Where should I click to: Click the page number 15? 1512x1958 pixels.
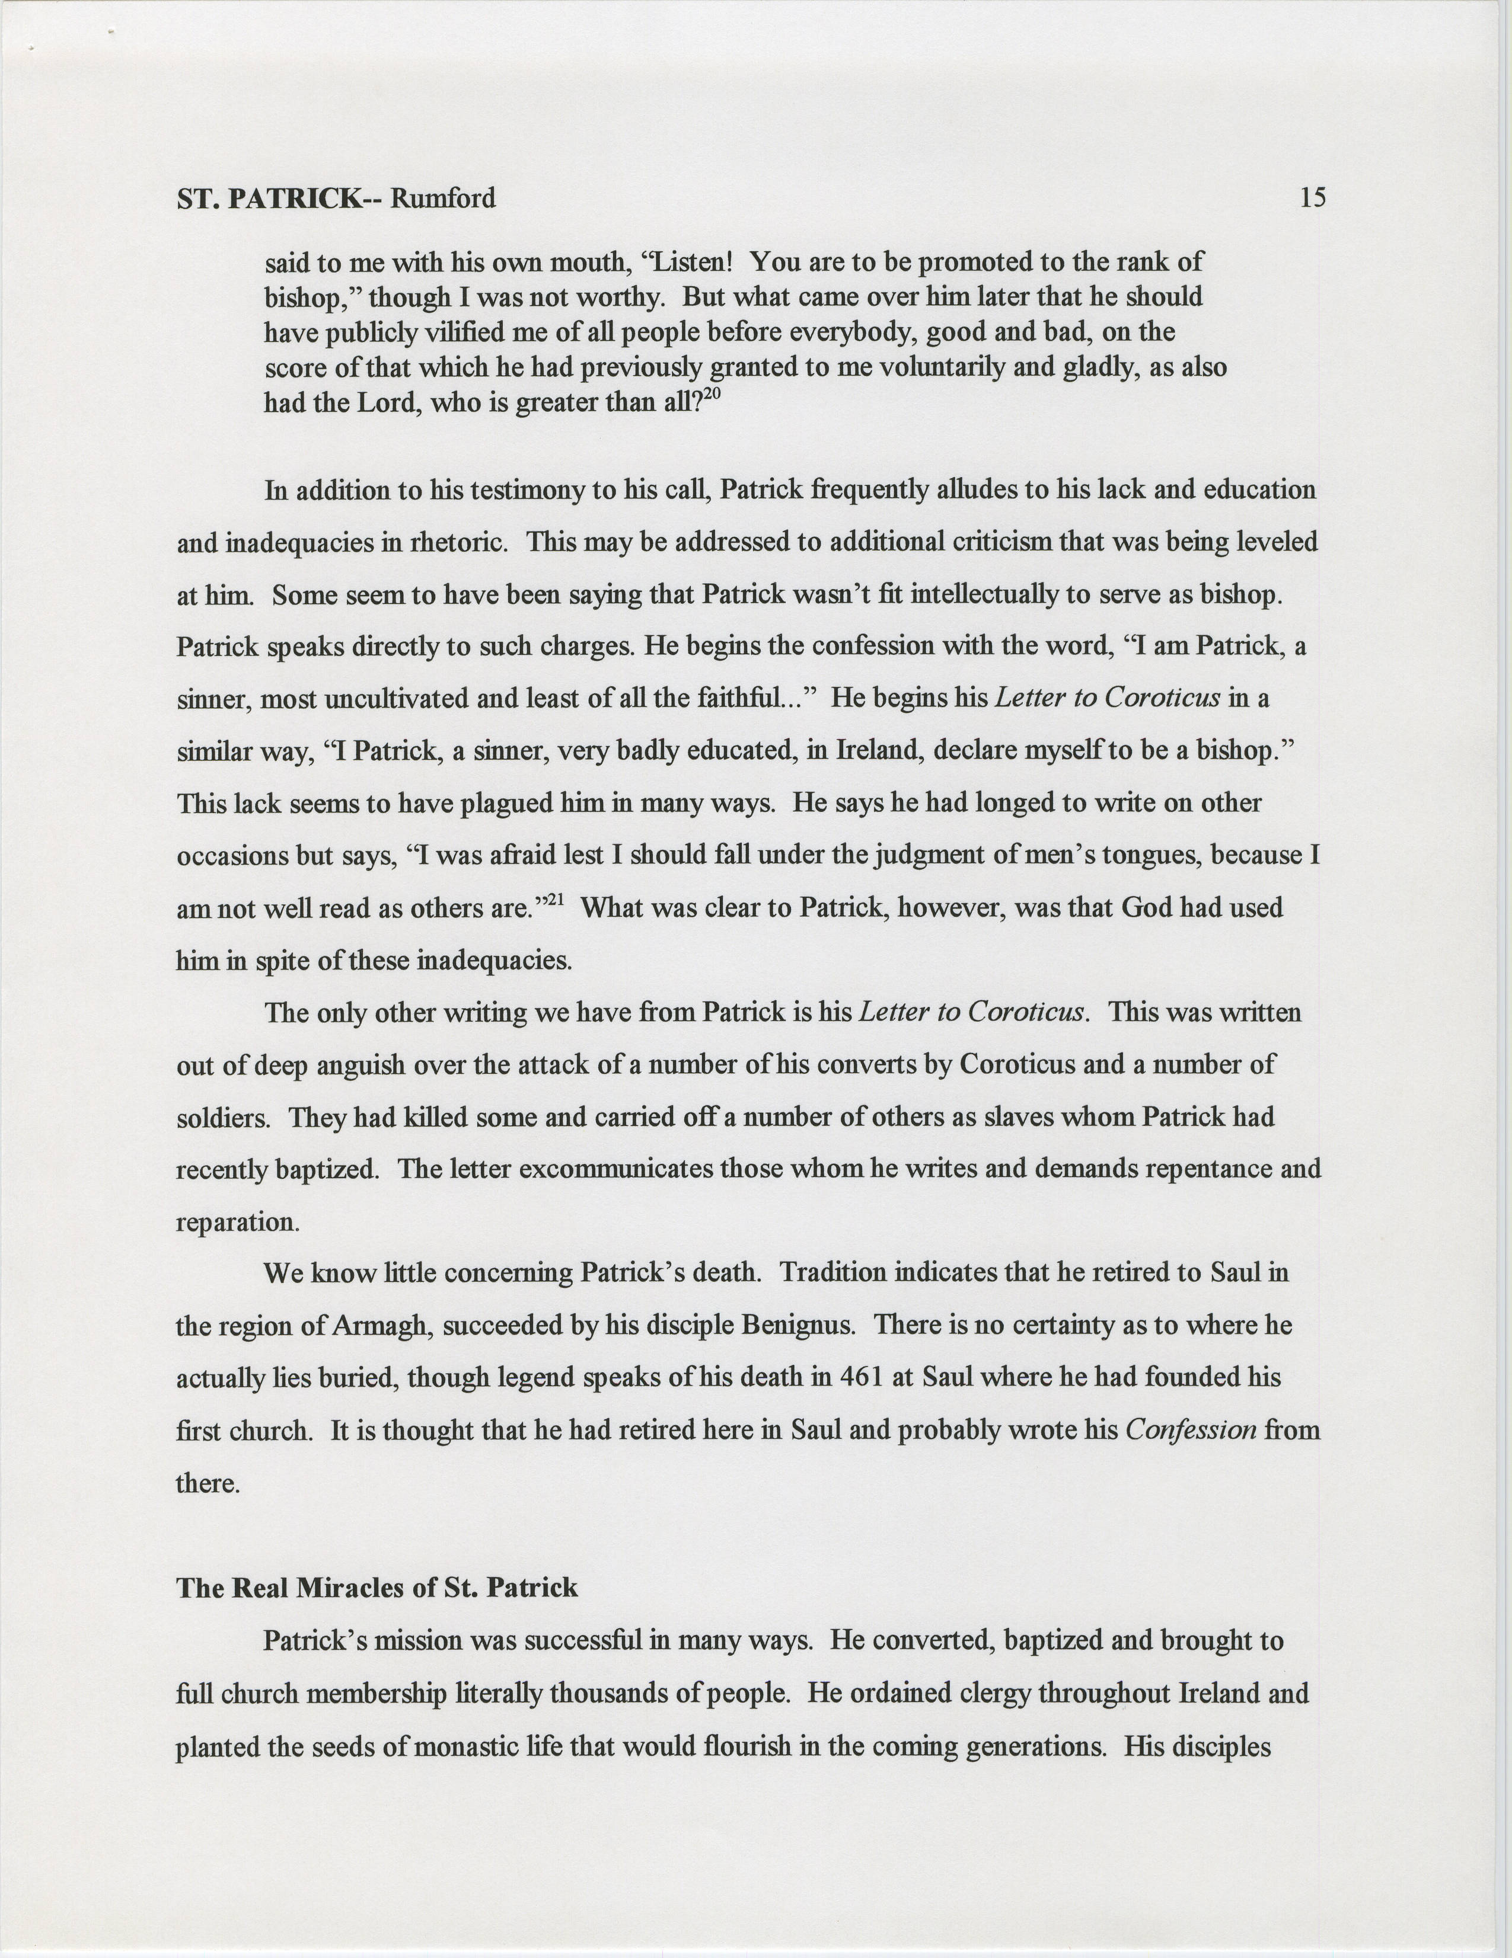1312,197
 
